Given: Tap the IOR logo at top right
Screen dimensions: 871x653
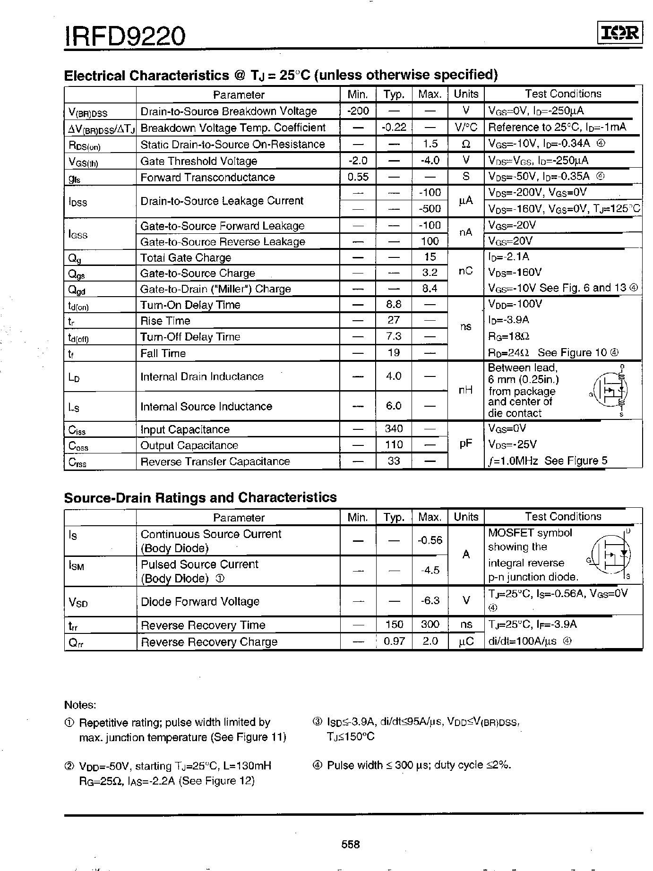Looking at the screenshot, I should (x=619, y=33).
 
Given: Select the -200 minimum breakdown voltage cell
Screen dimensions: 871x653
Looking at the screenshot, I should (x=358, y=111).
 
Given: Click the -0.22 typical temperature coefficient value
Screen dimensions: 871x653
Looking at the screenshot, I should (x=394, y=128).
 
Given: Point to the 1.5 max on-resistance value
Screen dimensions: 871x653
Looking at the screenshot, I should (x=430, y=144).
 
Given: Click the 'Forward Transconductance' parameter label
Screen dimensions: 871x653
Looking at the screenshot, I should (x=207, y=177).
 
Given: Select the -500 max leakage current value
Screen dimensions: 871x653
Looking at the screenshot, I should (x=430, y=209).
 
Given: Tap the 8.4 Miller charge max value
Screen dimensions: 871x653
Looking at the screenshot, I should (x=430, y=289).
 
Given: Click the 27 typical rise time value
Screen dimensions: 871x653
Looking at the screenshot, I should (x=394, y=320).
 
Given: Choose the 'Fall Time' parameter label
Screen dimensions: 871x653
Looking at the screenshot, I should (x=163, y=353).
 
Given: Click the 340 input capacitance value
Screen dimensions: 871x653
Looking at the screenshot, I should (x=394, y=429).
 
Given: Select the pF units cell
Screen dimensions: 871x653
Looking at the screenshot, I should (x=466, y=444).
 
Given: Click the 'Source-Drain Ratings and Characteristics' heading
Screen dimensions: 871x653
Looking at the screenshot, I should (x=200, y=497).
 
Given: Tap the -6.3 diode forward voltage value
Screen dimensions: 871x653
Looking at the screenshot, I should (x=430, y=600).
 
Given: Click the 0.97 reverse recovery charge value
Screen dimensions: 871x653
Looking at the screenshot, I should (x=394, y=641).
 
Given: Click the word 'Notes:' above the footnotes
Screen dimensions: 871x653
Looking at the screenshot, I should (x=80, y=705).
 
